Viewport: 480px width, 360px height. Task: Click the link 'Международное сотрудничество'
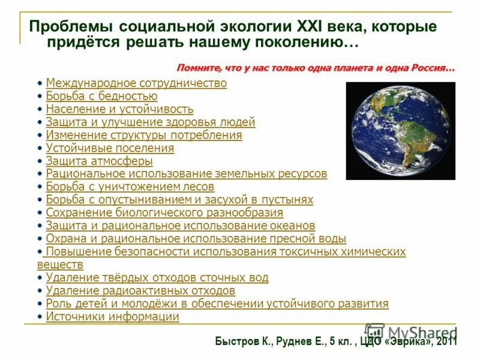click(x=136, y=83)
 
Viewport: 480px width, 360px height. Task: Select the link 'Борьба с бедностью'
click(x=101, y=96)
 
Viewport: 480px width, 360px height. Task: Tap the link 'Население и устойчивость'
click(x=119, y=109)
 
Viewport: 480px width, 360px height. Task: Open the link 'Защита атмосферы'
click(x=99, y=161)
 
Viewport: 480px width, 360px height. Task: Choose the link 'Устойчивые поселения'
click(x=110, y=148)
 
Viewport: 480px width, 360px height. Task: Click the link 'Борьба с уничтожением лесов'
click(x=130, y=186)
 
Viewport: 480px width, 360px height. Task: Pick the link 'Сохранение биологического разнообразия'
click(x=164, y=212)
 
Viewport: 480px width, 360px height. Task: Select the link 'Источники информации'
click(x=112, y=317)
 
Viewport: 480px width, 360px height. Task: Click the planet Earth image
click(x=400, y=130)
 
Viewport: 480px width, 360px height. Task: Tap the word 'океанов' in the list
click(x=292, y=226)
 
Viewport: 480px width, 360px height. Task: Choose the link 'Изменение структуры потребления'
click(x=144, y=135)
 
